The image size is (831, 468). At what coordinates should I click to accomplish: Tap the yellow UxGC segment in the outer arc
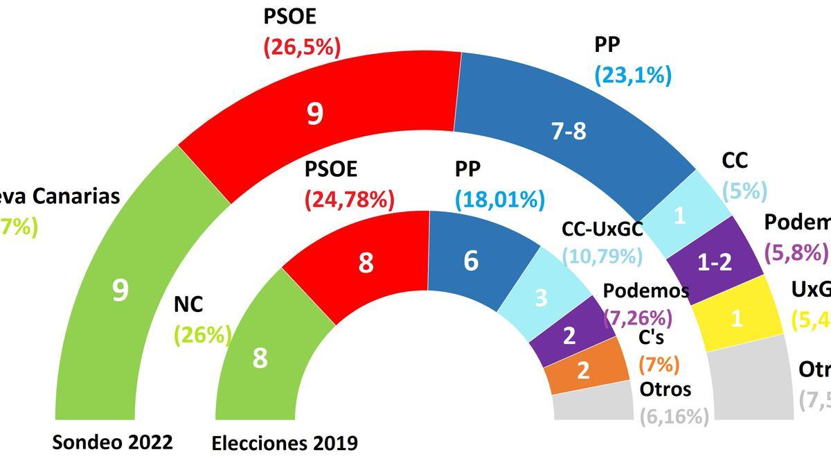click(x=737, y=318)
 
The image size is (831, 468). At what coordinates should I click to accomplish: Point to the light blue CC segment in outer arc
click(x=680, y=216)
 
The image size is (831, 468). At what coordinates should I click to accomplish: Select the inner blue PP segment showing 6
click(x=471, y=262)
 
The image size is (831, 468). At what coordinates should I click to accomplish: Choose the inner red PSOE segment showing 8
click(x=365, y=263)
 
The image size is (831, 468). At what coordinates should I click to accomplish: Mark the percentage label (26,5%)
click(x=303, y=47)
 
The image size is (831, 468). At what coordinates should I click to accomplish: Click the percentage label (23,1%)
click(x=633, y=74)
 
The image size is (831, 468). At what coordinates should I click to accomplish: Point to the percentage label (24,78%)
click(x=349, y=200)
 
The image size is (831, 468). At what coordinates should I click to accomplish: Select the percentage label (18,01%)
click(x=499, y=200)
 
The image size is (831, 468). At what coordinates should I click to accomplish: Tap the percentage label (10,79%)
click(x=602, y=256)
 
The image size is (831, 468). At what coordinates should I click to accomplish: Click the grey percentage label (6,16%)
click(x=674, y=416)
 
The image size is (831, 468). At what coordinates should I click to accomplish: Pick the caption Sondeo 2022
click(x=112, y=442)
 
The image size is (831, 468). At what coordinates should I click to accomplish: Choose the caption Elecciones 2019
click(x=285, y=443)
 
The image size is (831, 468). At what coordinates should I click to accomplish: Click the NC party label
click(x=189, y=304)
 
